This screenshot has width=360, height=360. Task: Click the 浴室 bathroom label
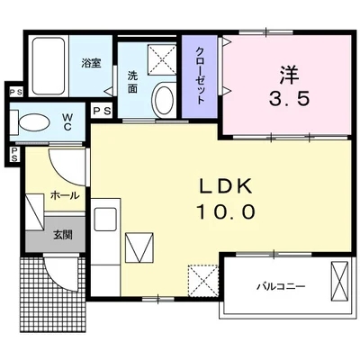(x=91, y=63)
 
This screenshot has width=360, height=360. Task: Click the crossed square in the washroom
(x=163, y=58)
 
